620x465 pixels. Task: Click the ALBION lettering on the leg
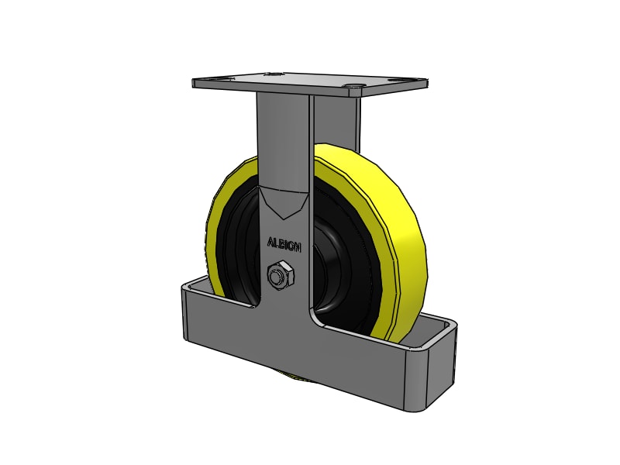[x=284, y=243]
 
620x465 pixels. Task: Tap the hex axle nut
[x=278, y=276]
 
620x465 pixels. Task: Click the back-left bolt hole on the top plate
[x=271, y=74]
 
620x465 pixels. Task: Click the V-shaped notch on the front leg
[x=284, y=203]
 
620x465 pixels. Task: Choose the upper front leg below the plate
[x=283, y=139]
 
